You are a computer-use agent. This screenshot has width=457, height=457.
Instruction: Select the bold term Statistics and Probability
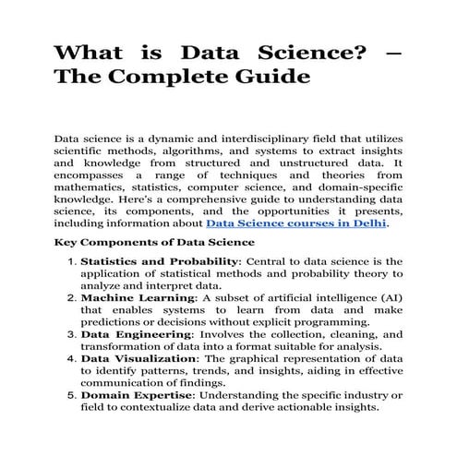coord(161,262)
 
